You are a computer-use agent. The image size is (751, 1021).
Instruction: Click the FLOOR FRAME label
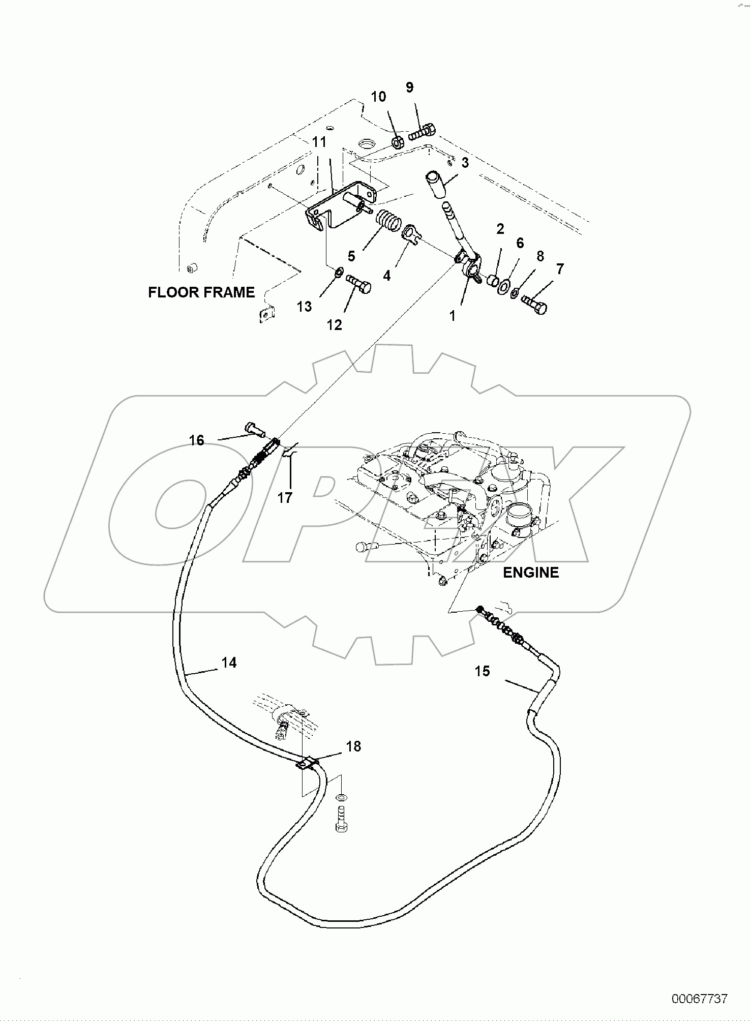pyautogui.click(x=201, y=292)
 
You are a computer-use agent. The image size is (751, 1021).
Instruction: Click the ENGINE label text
pyautogui.click(x=530, y=573)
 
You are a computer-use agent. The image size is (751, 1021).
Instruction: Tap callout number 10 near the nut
pyautogui.click(x=378, y=97)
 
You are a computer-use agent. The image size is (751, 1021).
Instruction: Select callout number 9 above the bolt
pyautogui.click(x=409, y=87)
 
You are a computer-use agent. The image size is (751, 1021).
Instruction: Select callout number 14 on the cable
pyautogui.click(x=229, y=663)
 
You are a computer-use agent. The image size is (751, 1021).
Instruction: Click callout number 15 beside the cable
pyautogui.click(x=482, y=671)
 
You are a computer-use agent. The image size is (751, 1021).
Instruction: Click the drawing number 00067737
pyautogui.click(x=700, y=999)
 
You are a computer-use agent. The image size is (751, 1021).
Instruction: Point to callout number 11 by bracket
pyautogui.click(x=319, y=142)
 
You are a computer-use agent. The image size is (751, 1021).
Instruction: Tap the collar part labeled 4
pyautogui.click(x=412, y=234)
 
